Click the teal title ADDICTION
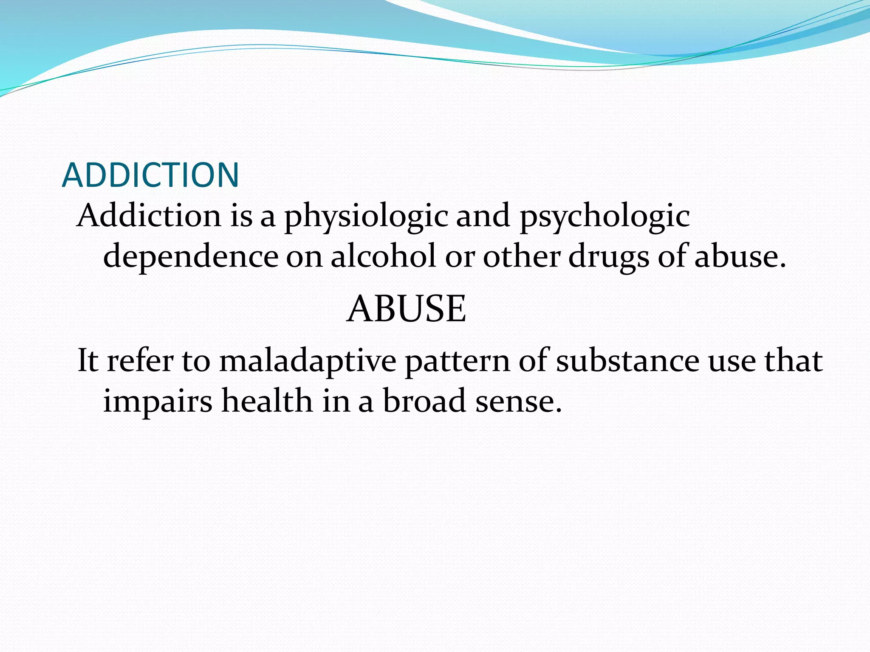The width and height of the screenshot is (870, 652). coord(150,175)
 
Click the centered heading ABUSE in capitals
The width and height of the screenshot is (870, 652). coord(407,309)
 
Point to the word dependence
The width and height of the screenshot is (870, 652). coord(191,257)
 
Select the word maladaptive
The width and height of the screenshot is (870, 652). coord(308,361)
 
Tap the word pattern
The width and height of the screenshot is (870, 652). coord(458,361)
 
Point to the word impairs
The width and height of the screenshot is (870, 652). coord(158,402)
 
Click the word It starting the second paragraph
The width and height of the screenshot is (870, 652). coord(88,360)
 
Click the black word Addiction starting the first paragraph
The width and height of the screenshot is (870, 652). coord(149,216)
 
